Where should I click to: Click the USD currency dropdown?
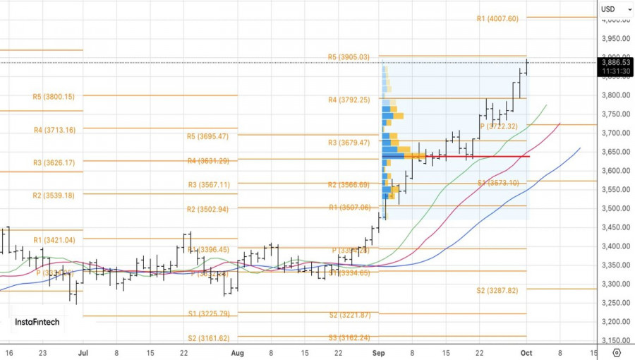pyautogui.click(x=610, y=9)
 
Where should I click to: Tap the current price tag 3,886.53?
pyautogui.click(x=615, y=62)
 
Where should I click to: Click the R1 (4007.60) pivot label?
pyautogui.click(x=497, y=19)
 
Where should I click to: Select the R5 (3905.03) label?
pyautogui.click(x=349, y=57)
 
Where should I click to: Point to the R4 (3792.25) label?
pyautogui.click(x=349, y=100)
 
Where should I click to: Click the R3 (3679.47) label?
pyautogui.click(x=349, y=143)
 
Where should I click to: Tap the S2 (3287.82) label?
pyautogui.click(x=497, y=290)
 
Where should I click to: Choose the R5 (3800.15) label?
pyautogui.click(x=53, y=97)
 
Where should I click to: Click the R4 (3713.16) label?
pyautogui.click(x=53, y=130)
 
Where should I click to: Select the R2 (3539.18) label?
pyautogui.click(x=53, y=196)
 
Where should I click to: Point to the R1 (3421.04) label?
pyautogui.click(x=53, y=240)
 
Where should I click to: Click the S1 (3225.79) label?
pyautogui.click(x=208, y=314)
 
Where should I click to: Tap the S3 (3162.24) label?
pyautogui.click(x=349, y=338)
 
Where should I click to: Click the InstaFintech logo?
pyautogui.click(x=37, y=322)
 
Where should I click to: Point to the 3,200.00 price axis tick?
pyautogui.click(x=615, y=322)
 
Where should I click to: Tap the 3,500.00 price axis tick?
pyautogui.click(x=615, y=208)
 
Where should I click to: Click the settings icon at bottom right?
pyautogui.click(x=617, y=352)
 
